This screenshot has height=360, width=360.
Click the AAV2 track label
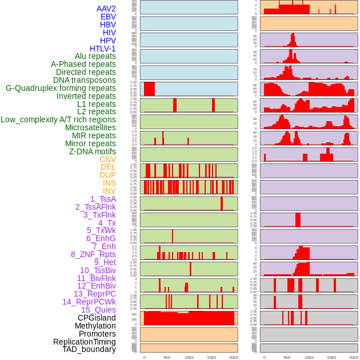click(106, 9)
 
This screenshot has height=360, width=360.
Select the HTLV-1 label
click(103, 49)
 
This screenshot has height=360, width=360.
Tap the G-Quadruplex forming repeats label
click(61, 88)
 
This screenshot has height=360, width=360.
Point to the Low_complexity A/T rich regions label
click(58, 119)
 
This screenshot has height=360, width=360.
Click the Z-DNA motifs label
click(93, 151)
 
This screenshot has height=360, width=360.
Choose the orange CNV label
click(107, 159)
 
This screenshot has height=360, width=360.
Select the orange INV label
click(109, 191)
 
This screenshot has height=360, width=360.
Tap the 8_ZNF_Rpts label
click(93, 254)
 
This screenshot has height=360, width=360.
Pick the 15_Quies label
click(98, 310)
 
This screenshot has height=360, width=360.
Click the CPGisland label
click(97, 318)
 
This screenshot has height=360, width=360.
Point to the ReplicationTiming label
click(85, 342)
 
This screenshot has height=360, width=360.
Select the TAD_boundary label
click(89, 349)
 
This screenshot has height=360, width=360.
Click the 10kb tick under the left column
click(189, 357)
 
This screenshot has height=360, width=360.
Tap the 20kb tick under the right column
click(354, 357)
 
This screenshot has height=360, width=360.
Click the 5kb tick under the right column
click(287, 357)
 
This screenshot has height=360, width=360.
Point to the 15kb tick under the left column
click(211, 357)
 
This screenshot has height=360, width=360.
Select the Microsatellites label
click(90, 127)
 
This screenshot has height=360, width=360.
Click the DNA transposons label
click(85, 80)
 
